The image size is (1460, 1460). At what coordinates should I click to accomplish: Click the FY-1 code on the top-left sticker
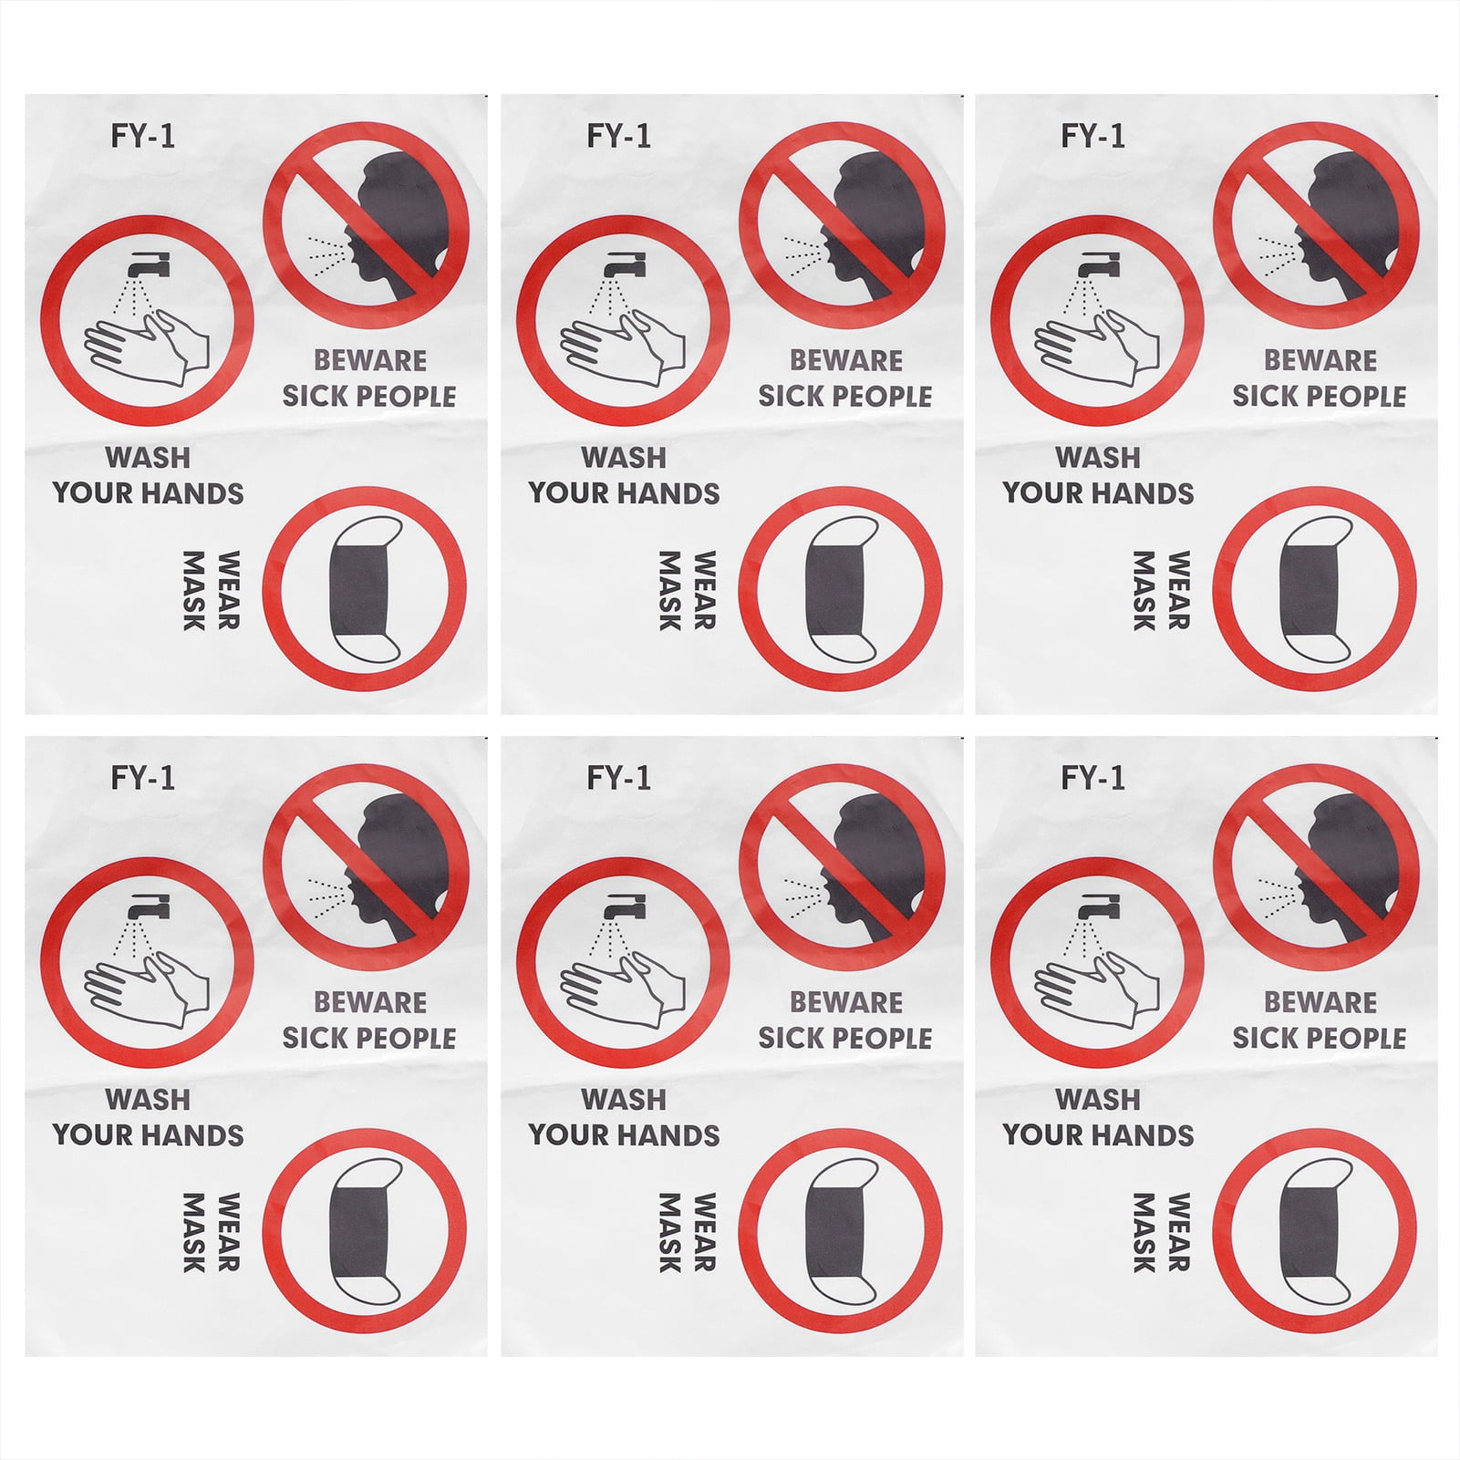pyautogui.click(x=142, y=136)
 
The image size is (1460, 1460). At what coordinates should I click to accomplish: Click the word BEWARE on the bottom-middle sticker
pyautogui.click(x=845, y=1002)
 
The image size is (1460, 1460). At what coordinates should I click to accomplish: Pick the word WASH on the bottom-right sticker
pyautogui.click(x=1098, y=1099)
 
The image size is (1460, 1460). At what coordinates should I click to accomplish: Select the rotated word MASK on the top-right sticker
pyautogui.click(x=1144, y=590)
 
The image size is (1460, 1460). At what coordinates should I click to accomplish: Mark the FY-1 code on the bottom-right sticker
pyautogui.click(x=1092, y=778)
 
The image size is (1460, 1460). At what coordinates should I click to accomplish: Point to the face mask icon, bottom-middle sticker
pyautogui.click(x=840, y=1230)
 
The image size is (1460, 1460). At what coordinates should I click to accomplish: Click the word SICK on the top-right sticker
pyautogui.click(x=1262, y=397)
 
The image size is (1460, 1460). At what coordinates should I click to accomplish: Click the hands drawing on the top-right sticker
pyautogui.click(x=1097, y=347)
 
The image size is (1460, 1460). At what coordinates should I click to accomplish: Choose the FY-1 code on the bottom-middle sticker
pyautogui.click(x=618, y=778)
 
